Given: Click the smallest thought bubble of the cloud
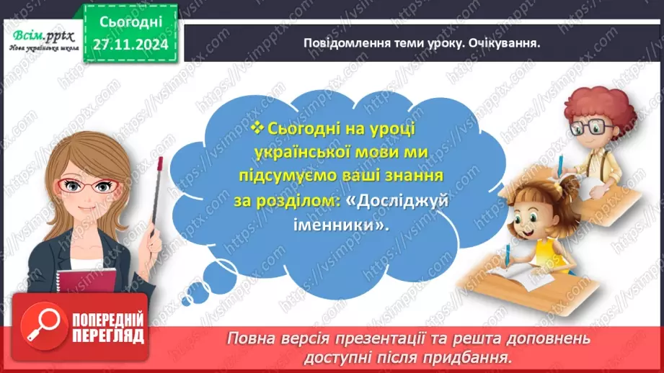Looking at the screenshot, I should tap(190, 295).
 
